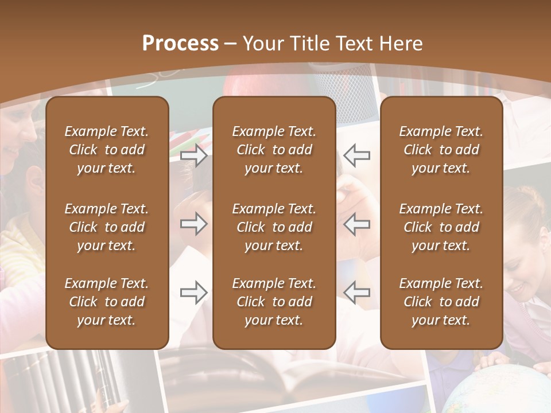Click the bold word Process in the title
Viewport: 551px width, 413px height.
click(x=180, y=44)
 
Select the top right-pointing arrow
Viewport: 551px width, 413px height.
click(x=194, y=155)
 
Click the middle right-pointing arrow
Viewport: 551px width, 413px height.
click(x=194, y=224)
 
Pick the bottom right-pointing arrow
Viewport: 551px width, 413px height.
click(x=194, y=293)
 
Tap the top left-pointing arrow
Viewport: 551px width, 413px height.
click(x=356, y=155)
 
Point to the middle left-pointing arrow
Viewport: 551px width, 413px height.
click(x=356, y=224)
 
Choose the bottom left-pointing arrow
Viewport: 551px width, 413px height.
click(x=356, y=293)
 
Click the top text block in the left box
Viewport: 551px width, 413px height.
click(x=107, y=150)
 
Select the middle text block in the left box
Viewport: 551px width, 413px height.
click(x=107, y=227)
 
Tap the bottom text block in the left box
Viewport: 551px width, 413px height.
click(x=107, y=302)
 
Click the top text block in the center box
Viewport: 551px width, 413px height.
click(x=274, y=150)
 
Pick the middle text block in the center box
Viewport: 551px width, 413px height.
click(x=274, y=227)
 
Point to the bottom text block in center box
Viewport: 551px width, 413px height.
click(x=274, y=302)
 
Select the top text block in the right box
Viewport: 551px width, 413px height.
click(x=441, y=150)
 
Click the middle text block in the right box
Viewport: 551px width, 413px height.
click(x=441, y=227)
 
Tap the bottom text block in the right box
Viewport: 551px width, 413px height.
click(x=441, y=302)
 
